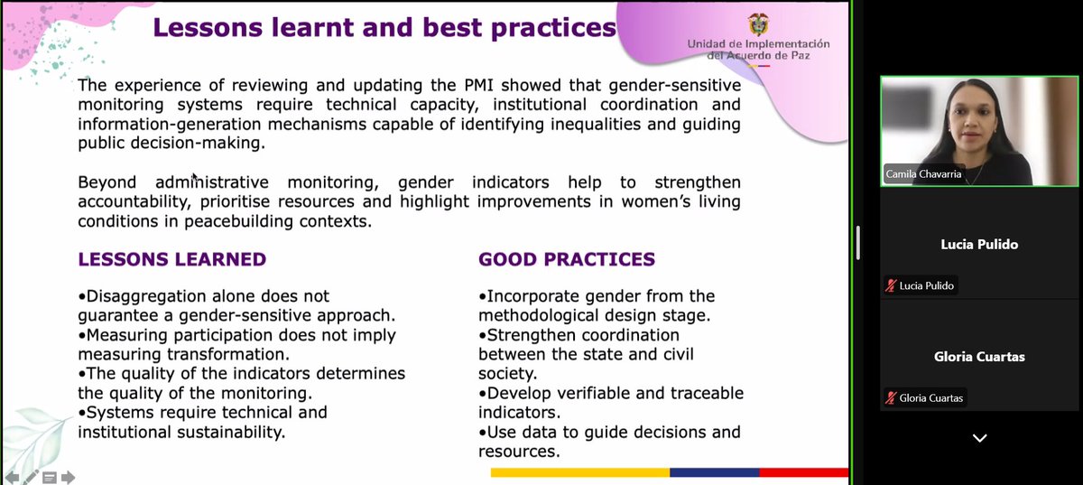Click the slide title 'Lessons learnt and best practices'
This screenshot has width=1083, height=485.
384,28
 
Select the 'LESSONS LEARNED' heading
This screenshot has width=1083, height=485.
172,259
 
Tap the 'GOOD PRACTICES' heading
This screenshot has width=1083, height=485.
567,259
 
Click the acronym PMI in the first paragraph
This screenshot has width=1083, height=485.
478,85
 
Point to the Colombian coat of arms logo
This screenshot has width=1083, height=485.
758,24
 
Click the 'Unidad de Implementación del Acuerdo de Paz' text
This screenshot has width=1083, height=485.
759,50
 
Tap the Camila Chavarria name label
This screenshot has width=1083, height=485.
923,173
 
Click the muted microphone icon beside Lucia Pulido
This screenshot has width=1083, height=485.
891,285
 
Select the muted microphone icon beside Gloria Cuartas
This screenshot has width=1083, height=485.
891,398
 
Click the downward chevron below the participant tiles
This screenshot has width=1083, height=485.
979,438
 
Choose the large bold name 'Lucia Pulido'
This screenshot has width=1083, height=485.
979,245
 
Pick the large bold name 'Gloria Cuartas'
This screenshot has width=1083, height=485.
979,357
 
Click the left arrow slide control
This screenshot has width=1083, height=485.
12,478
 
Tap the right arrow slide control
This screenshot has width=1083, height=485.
69,478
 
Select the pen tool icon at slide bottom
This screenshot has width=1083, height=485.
31,477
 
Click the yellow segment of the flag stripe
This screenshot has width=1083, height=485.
580,472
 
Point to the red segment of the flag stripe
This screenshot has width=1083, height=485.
804,472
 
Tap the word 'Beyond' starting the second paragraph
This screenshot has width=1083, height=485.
106,182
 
